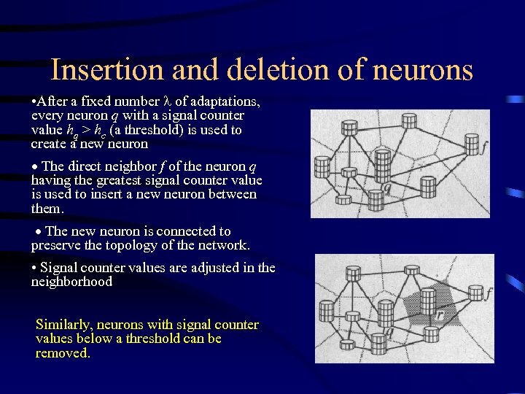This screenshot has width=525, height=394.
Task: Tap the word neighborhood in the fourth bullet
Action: pyautogui.click(x=71, y=282)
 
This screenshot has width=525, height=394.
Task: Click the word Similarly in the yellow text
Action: pyautogui.click(x=64, y=324)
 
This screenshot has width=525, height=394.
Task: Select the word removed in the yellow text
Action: pyautogui.click(x=63, y=353)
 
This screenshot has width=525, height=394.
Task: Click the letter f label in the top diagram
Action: pyautogui.click(x=483, y=146)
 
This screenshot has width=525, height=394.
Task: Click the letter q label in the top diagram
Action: pyautogui.click(x=387, y=188)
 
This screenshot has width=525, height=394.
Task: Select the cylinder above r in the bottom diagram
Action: pyautogui.click(x=428, y=300)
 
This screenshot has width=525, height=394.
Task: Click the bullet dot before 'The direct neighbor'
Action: pyautogui.click(x=36, y=166)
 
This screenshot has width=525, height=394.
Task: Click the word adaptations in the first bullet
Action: pyautogui.click(x=223, y=101)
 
